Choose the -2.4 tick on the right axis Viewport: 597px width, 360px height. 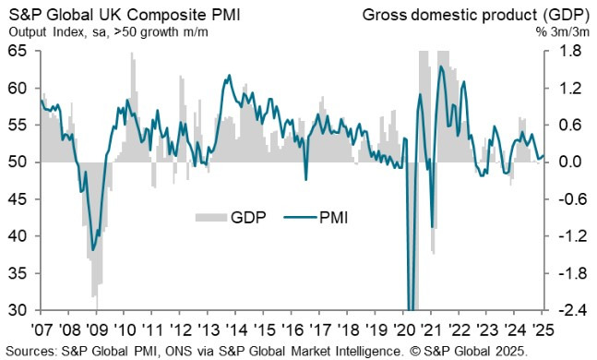tap(573, 310)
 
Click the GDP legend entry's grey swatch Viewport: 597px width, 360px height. tap(209, 217)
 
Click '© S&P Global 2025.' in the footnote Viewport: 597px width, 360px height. tap(467, 350)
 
